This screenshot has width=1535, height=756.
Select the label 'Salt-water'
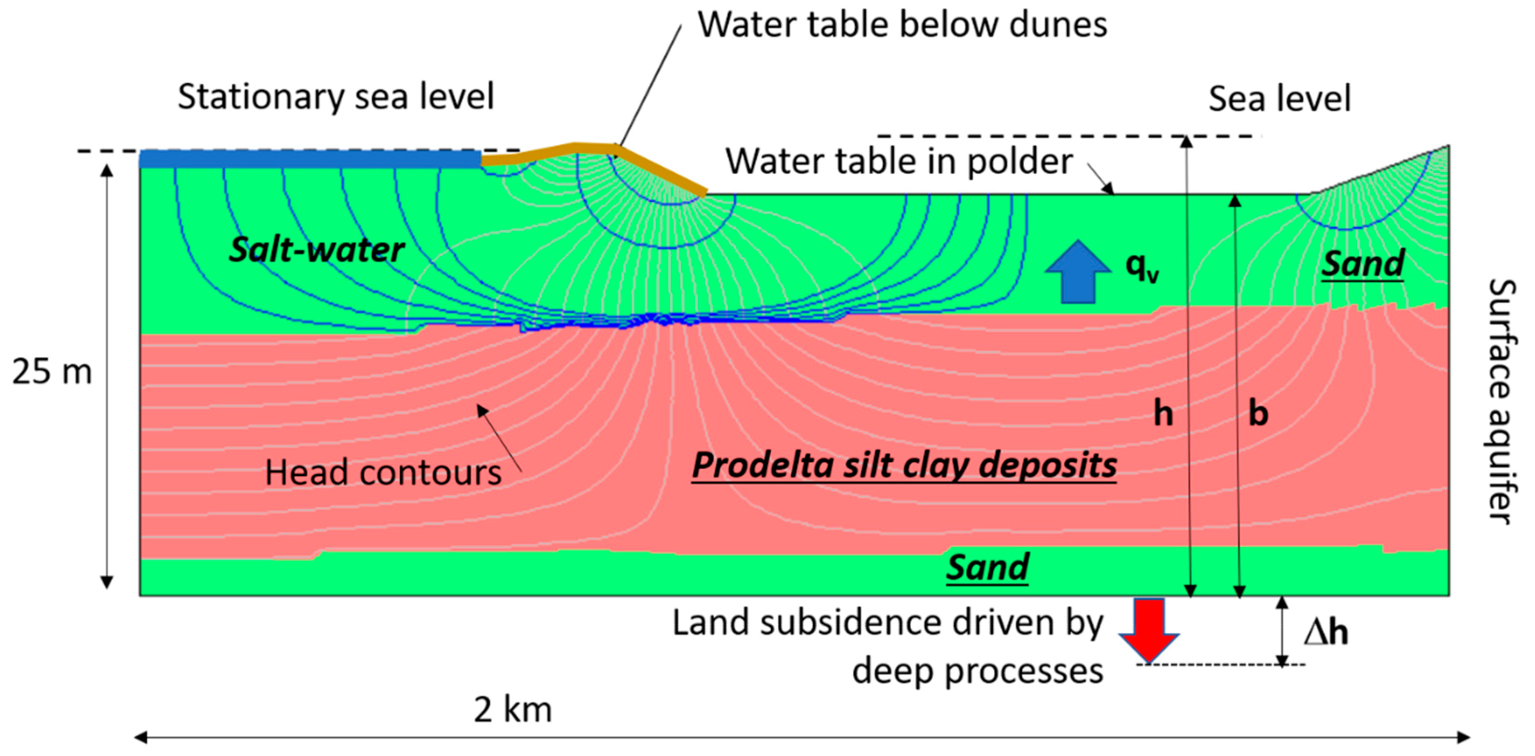317,249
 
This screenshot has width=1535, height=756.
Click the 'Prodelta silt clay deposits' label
904,465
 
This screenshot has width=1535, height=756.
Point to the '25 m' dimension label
52,372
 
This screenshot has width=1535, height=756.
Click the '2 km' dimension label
513,709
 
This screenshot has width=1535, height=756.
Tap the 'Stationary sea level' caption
336,97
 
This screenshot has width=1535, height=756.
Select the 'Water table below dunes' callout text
902,25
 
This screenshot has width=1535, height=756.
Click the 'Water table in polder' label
899,161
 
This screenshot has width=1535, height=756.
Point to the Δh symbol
1325,632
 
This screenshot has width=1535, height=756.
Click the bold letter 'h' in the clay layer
1162,413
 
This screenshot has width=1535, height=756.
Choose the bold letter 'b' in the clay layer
1258,413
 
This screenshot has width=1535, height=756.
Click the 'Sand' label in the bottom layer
987,567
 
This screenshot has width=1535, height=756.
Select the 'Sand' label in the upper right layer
1363,263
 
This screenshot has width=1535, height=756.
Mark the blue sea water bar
310,158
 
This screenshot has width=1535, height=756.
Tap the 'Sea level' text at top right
1279,99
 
